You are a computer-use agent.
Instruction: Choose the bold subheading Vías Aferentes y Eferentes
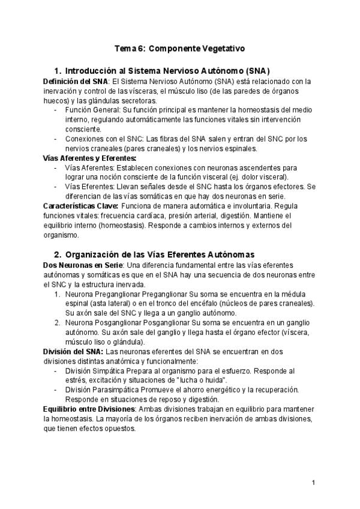pyautogui.click(x=90, y=158)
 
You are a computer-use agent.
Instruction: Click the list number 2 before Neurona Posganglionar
pyautogui.click(x=56, y=323)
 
